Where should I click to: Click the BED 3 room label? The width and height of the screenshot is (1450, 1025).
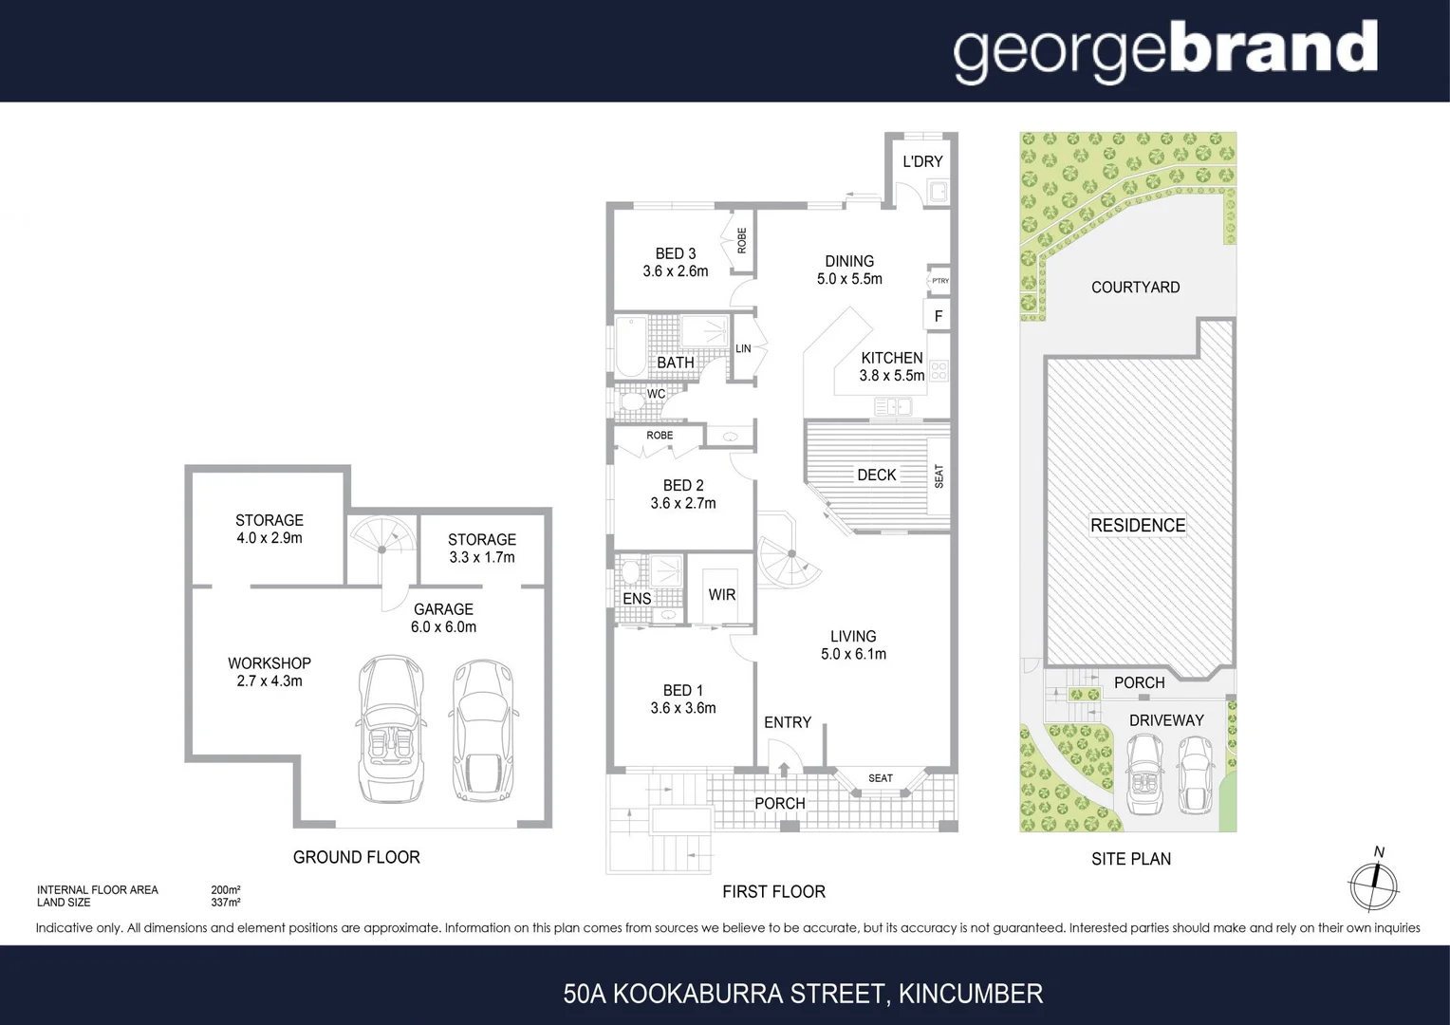tap(676, 253)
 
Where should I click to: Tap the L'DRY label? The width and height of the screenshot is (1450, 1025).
tap(922, 161)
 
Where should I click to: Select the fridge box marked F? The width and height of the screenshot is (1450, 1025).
tap(939, 316)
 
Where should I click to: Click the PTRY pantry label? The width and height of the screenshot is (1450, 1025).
tap(939, 281)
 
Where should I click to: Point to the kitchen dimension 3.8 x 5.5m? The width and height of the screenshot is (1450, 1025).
tap(892, 376)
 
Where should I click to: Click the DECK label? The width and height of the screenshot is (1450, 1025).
tap(876, 475)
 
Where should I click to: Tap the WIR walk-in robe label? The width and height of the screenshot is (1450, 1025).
tap(721, 595)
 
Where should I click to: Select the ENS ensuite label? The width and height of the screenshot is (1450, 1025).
tap(637, 599)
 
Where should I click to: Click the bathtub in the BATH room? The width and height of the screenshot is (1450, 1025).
tap(630, 346)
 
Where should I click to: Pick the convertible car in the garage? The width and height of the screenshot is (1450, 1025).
tap(391, 728)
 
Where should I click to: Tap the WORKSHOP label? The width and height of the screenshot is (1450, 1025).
tap(270, 663)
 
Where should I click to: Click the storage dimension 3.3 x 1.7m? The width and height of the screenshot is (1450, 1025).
tap(482, 557)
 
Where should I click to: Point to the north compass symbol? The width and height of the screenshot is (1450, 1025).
tap(1373, 885)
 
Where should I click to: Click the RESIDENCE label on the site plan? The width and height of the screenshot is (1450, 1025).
tap(1138, 526)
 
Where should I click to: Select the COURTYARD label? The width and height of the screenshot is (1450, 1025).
tap(1135, 288)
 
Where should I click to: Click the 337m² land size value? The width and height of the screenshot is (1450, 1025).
tap(226, 903)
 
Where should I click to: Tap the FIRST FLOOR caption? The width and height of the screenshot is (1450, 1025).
tap(773, 892)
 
